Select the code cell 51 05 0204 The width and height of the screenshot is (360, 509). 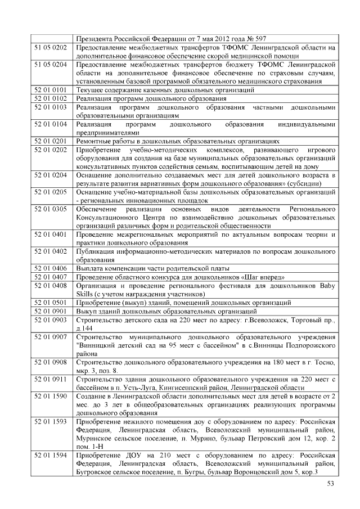tap(51, 65)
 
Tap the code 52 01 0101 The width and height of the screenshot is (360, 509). tap(51, 89)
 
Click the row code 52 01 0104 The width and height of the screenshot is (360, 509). tap(51, 123)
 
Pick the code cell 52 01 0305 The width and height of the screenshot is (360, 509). tap(51, 209)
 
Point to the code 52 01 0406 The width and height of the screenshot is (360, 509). tap(51, 268)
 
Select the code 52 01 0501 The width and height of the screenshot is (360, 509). tap(51, 302)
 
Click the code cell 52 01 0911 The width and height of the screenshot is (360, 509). tap(51, 380)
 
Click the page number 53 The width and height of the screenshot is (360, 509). tap(331, 484)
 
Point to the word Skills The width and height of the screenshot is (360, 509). tap(85, 294)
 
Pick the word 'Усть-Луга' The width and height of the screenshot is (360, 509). tap(155, 389)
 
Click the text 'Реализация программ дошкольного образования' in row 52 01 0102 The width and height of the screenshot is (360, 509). tap(151, 98)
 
